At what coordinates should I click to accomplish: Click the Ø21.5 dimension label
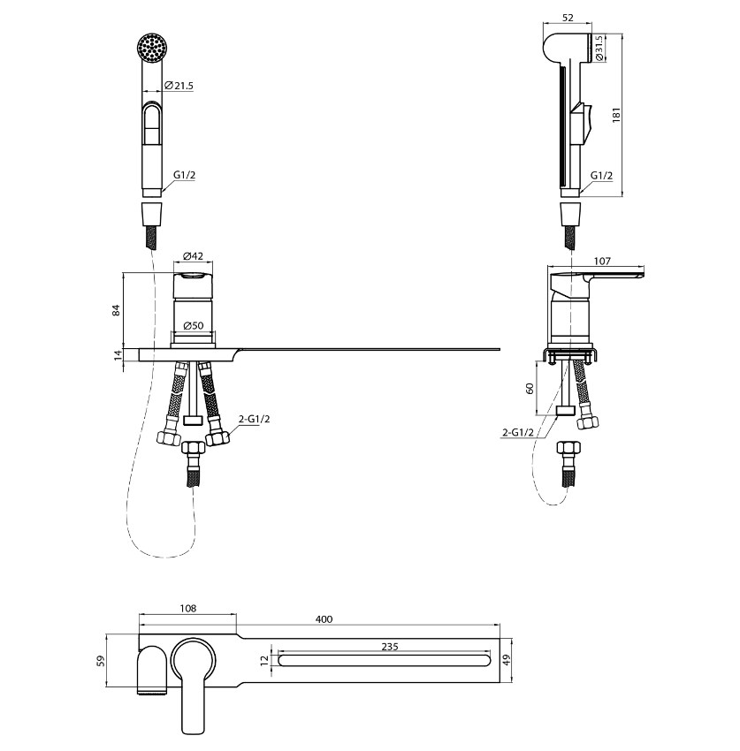pos(179,86)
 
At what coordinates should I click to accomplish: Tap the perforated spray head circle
pos(152,48)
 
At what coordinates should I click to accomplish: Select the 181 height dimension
pos(616,115)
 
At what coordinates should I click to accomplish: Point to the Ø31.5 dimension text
pos(599,48)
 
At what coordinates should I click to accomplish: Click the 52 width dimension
pos(568,18)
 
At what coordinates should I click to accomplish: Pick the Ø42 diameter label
pos(193,255)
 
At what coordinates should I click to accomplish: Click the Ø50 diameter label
pos(193,326)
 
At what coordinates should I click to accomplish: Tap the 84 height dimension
pos(116,309)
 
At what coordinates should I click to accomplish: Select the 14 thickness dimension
pos(116,355)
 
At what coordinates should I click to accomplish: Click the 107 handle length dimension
pos(602,261)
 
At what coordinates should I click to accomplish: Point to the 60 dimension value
pos(530,388)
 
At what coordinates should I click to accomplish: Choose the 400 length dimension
pos(324,619)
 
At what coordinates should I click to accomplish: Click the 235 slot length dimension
pos(390,647)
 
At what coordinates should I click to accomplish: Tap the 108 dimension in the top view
pos(188,608)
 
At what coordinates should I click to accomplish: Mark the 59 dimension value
pos(101,661)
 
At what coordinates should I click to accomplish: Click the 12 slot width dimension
pos(264,661)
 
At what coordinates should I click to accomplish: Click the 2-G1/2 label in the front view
pos(254,419)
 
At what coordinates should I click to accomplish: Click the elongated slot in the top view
pos(385,661)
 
